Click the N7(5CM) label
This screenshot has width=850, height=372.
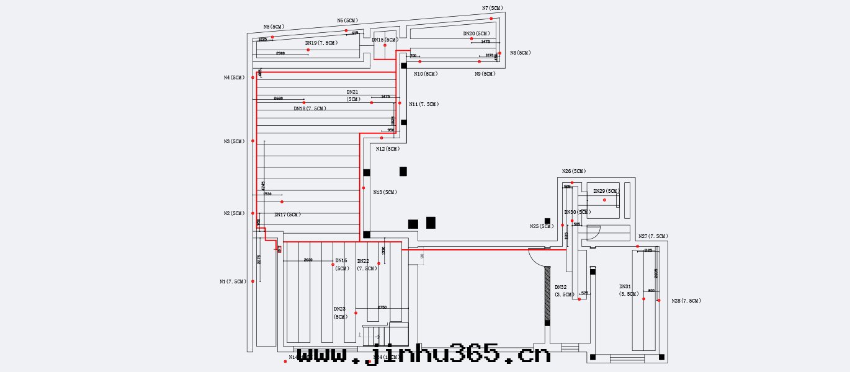point(493,8)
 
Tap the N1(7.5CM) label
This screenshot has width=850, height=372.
point(233,281)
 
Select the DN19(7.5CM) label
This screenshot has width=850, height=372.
point(321,43)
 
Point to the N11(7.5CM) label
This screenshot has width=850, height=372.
point(424,104)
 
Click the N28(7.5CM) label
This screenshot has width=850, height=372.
point(686,301)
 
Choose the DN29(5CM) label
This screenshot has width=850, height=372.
point(606,191)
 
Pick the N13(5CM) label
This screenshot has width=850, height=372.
point(385,192)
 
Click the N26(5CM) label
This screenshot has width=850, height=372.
point(574,171)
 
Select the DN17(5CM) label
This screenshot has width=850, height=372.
point(287,215)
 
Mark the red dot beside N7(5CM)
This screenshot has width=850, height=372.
point(491,19)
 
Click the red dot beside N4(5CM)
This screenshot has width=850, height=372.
point(253,77)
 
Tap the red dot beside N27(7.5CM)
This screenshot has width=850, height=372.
point(637,246)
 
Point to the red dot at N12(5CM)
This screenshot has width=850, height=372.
point(382,138)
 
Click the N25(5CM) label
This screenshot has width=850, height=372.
point(542,226)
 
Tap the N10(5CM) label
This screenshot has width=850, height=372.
point(426,74)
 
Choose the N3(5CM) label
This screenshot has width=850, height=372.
point(234,141)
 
